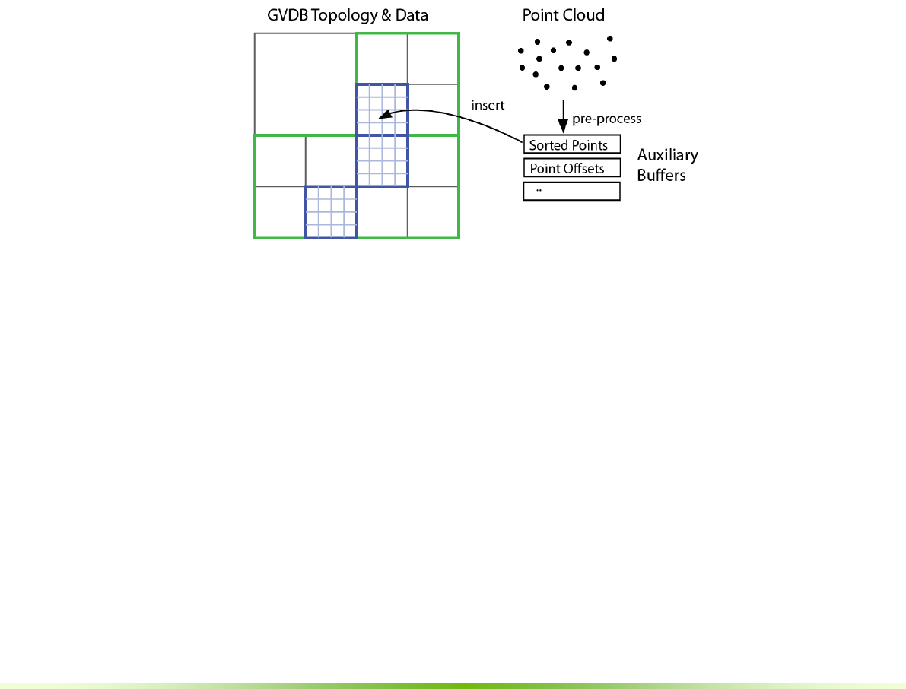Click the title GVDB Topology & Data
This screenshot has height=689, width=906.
click(342, 15)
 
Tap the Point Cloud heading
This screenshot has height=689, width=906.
click(563, 15)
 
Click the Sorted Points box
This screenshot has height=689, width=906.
click(571, 145)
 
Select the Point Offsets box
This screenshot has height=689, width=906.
click(571, 168)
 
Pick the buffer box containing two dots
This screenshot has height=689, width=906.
click(571, 191)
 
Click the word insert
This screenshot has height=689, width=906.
click(488, 106)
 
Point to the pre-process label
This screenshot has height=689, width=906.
click(606, 119)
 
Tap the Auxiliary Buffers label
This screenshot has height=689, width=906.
click(667, 165)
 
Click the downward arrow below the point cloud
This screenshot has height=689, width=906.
click(563, 118)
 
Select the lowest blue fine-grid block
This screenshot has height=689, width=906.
click(331, 212)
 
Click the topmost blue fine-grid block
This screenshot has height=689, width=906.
click(382, 109)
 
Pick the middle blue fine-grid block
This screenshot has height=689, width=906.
click(382, 160)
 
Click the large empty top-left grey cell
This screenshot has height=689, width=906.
click(305, 84)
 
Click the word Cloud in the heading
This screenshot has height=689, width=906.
click(584, 15)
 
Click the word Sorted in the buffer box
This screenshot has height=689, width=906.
click(547, 145)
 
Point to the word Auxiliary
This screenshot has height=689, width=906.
click(667, 156)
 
